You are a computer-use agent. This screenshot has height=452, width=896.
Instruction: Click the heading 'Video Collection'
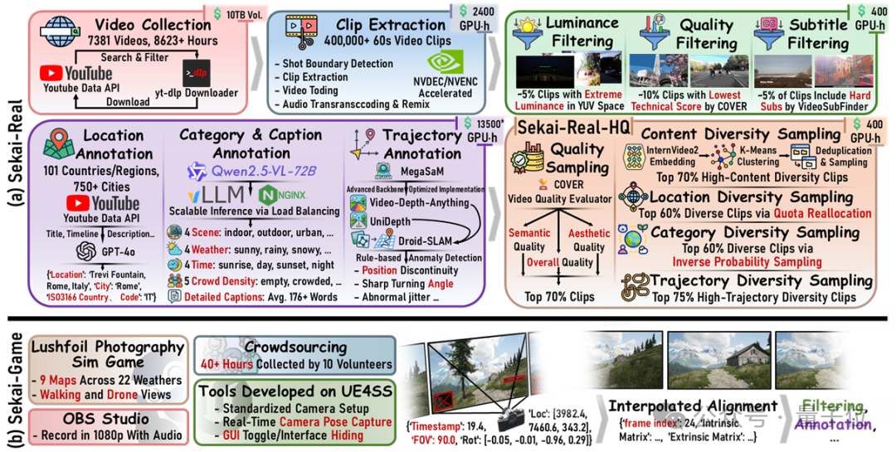click(153, 24)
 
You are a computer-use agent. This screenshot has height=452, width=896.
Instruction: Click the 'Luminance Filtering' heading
click(577, 32)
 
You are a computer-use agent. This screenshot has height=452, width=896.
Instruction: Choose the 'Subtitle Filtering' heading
click(818, 32)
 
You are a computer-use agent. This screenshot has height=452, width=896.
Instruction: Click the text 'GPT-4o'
click(115, 251)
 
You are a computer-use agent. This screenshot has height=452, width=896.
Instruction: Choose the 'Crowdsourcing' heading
click(295, 346)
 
